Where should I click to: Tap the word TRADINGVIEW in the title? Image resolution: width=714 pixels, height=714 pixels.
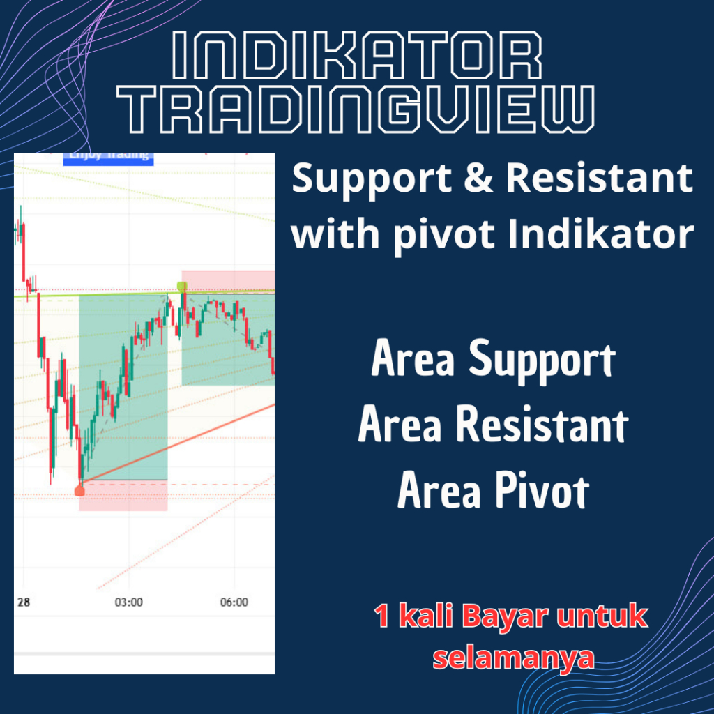coord(356,109)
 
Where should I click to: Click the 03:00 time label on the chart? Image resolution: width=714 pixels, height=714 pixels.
coord(128,602)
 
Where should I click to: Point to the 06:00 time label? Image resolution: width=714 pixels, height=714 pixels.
coord(234,602)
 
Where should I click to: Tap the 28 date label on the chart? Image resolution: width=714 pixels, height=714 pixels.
coord(23,602)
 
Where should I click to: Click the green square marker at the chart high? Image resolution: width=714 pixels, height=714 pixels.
coord(182,286)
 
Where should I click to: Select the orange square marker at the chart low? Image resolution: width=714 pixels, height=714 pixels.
coord(79,492)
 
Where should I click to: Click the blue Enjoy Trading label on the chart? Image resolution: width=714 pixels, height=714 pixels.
coord(108,156)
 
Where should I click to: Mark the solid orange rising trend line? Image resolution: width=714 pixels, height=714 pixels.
coord(181,443)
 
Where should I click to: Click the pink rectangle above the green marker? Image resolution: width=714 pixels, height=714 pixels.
coord(228,278)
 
